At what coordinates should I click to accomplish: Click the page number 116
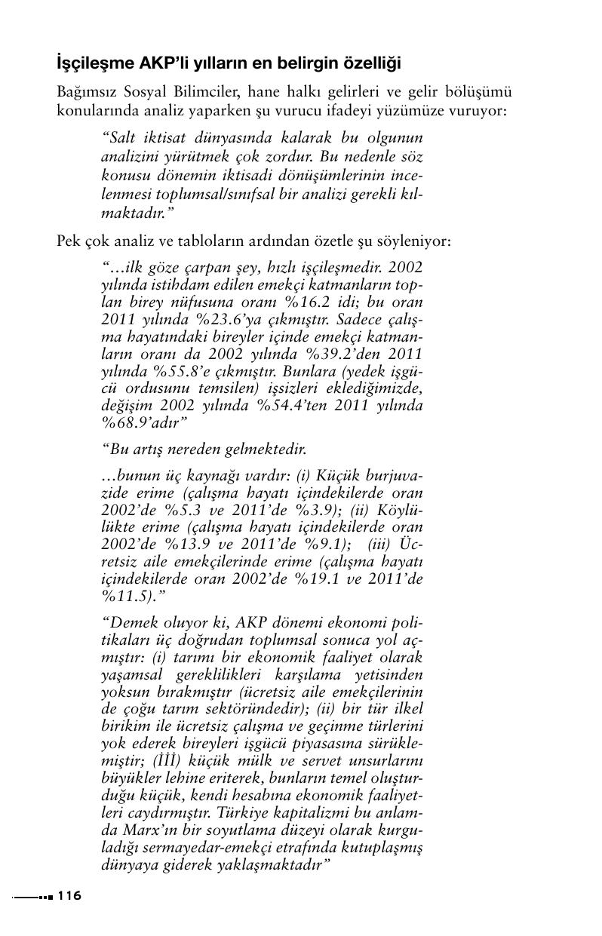pyautogui.click(x=69, y=896)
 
